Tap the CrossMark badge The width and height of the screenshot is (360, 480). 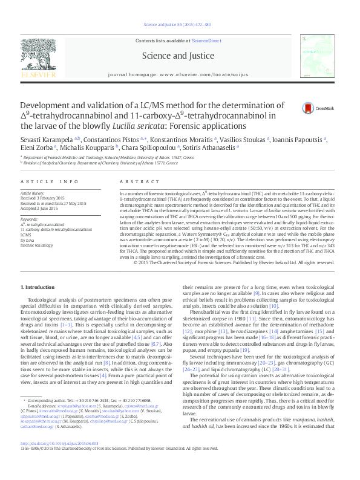[x=313, y=109]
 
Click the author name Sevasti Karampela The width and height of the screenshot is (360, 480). [x=42, y=138]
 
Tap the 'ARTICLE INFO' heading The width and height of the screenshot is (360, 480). [x=50, y=181]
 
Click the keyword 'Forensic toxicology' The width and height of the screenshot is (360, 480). [x=35, y=245]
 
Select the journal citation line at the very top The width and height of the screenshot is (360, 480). [x=180, y=25]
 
